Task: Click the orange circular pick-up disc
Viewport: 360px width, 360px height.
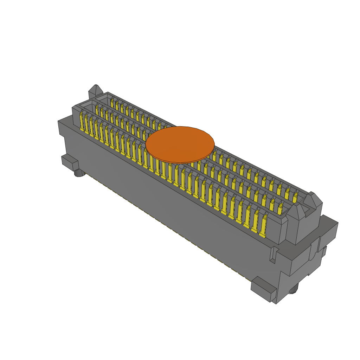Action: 180,144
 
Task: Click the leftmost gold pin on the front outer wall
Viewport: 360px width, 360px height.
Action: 82,122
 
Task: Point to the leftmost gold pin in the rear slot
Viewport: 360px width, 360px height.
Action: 112,103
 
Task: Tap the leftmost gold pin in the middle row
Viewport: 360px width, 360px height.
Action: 97,110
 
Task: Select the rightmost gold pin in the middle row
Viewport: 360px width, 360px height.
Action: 280,210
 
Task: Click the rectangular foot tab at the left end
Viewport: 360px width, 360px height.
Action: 70,163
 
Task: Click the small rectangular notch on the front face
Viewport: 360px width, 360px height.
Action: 272,255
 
